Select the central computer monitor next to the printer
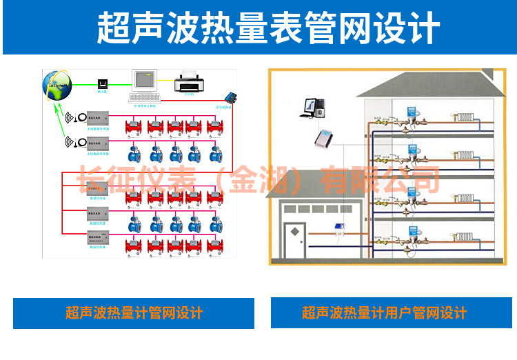coord(145,81)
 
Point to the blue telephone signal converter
coord(231,98)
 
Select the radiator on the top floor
coord(465,119)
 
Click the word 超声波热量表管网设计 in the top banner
coord(258,28)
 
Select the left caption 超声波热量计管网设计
coord(134,313)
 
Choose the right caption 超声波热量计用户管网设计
coord(384,313)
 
